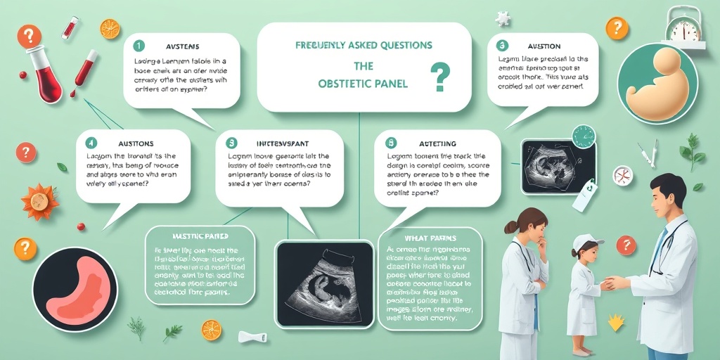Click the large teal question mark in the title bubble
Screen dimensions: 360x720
[x=440, y=77]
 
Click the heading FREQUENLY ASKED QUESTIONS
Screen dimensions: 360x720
[x=364, y=45]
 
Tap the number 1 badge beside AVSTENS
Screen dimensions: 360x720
[x=139, y=46]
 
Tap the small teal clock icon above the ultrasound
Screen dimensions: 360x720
[x=583, y=136]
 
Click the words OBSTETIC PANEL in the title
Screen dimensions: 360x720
[x=364, y=84]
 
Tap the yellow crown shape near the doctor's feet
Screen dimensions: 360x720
[x=616, y=323]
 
